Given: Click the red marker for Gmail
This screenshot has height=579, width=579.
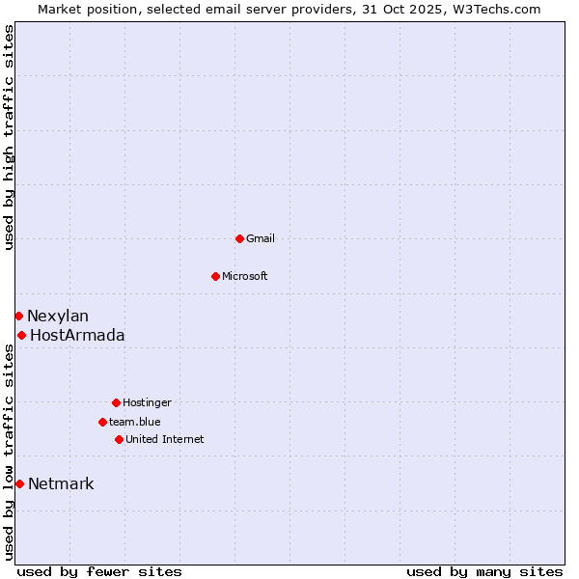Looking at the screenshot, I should point(239,238).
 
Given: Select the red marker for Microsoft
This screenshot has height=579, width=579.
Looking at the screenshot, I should point(215,276).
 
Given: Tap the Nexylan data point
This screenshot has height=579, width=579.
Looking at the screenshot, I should point(18,316).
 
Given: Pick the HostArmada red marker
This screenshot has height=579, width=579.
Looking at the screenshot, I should point(21,335).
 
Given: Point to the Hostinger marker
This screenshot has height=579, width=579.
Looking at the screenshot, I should point(116,402).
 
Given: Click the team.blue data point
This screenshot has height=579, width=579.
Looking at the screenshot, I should point(102,422).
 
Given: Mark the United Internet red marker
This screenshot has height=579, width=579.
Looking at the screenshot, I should point(119,439).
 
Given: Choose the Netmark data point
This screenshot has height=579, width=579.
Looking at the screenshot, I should point(19,483).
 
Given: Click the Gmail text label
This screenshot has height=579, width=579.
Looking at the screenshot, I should point(261,238).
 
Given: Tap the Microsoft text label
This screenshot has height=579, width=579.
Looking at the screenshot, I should point(245,276).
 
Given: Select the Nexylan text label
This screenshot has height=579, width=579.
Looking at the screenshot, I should point(58,316).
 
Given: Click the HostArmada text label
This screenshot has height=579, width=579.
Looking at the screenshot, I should point(77,335).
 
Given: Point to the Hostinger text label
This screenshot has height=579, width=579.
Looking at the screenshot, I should point(147,402).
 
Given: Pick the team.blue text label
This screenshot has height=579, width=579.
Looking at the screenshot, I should point(135,422).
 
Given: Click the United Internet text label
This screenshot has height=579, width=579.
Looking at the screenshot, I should point(165,439).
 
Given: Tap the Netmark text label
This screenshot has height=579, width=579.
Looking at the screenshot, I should point(61,483).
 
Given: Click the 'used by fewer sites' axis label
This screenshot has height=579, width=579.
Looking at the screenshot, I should point(99,571).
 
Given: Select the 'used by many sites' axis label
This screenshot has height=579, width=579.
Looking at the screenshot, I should point(484,571).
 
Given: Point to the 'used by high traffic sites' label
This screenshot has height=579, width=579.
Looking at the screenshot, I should point(9,137).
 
